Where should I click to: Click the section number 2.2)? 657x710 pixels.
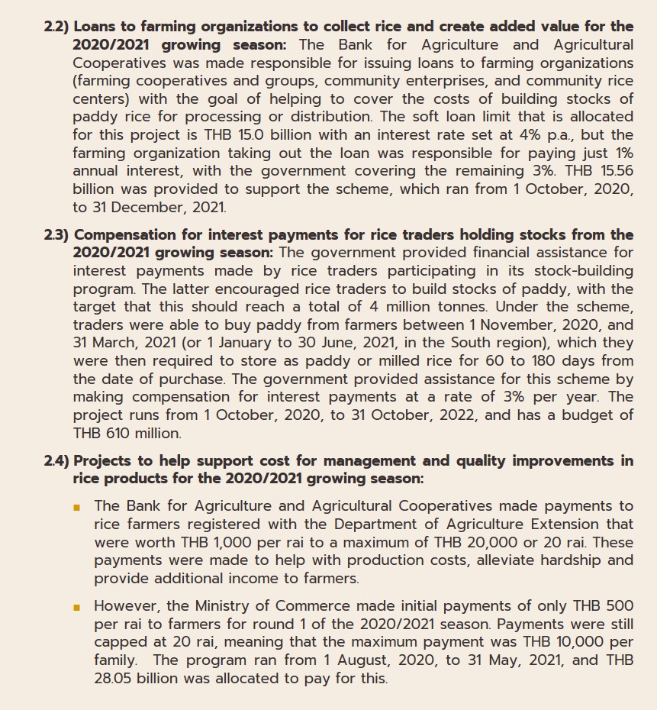click(x=56, y=27)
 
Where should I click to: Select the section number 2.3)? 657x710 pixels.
click(x=56, y=234)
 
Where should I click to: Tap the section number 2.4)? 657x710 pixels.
click(x=56, y=460)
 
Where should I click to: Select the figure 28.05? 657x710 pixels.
click(x=113, y=678)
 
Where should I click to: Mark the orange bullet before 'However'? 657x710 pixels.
click(x=77, y=607)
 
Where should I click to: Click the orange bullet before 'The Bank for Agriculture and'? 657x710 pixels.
click(x=77, y=507)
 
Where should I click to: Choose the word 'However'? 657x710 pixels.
click(x=125, y=606)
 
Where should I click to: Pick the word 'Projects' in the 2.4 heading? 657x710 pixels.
click(x=106, y=460)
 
